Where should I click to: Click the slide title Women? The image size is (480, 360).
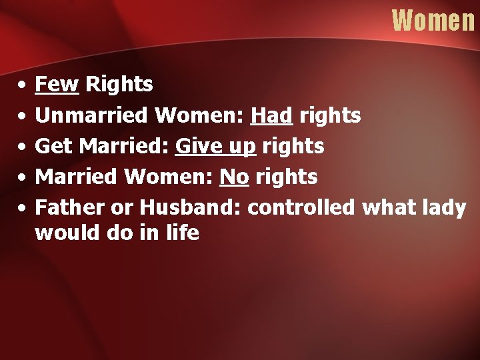433,20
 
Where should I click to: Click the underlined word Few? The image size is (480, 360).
57,85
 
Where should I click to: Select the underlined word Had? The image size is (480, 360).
271,115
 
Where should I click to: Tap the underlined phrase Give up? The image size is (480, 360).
215,146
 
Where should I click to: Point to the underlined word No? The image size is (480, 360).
233,177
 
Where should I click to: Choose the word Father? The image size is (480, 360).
69,207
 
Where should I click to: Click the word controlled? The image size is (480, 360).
301,207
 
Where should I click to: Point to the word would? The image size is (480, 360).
65,233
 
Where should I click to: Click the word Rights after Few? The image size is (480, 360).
120,85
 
